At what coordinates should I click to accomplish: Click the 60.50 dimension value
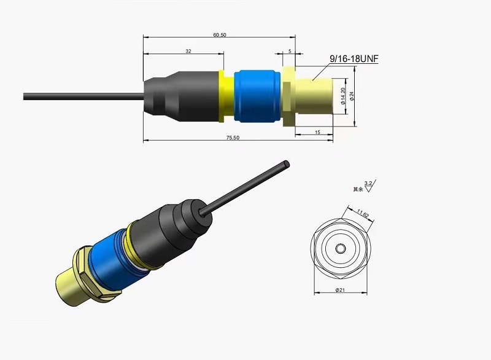pos(220,35)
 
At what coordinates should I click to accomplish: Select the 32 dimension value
pos(188,51)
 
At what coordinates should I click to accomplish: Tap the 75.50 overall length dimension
pos(233,138)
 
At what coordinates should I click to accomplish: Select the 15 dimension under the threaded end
pos(317,132)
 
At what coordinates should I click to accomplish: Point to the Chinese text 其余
pos(357,190)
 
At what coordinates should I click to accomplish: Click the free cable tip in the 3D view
pos(287,163)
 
